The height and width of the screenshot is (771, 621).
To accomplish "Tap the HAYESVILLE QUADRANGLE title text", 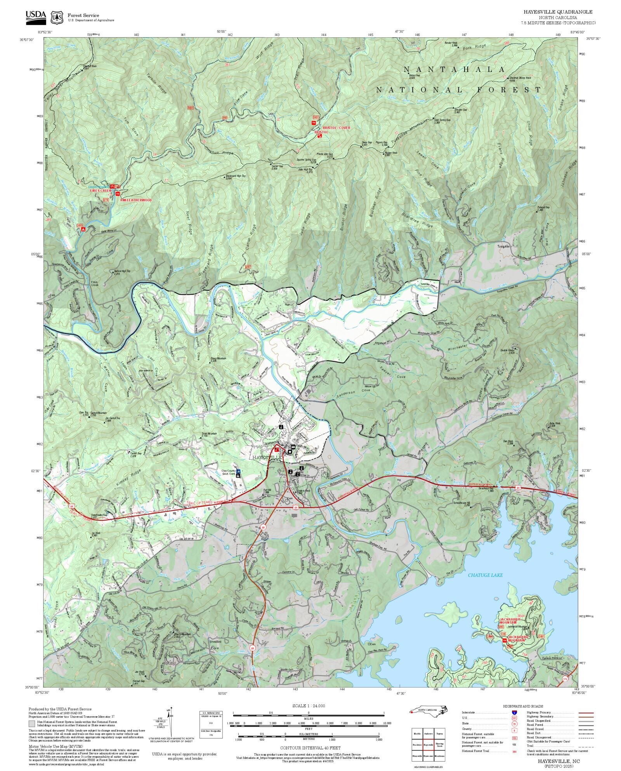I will point(558,12).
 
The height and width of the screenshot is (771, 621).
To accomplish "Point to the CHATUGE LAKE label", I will point(485,575).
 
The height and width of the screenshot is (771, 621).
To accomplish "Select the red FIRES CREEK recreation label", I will point(101,191).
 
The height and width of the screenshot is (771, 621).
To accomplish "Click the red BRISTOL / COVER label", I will point(336,128).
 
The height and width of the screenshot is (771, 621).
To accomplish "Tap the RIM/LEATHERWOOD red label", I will point(136,200).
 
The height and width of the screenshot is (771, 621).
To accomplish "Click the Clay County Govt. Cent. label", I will point(226,472).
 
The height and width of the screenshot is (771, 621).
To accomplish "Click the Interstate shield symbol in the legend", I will point(515,713).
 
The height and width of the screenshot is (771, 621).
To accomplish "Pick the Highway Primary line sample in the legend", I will point(586,713).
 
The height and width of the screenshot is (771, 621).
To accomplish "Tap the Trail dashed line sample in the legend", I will point(586,746).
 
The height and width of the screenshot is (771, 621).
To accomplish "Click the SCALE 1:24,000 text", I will point(309,706).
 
